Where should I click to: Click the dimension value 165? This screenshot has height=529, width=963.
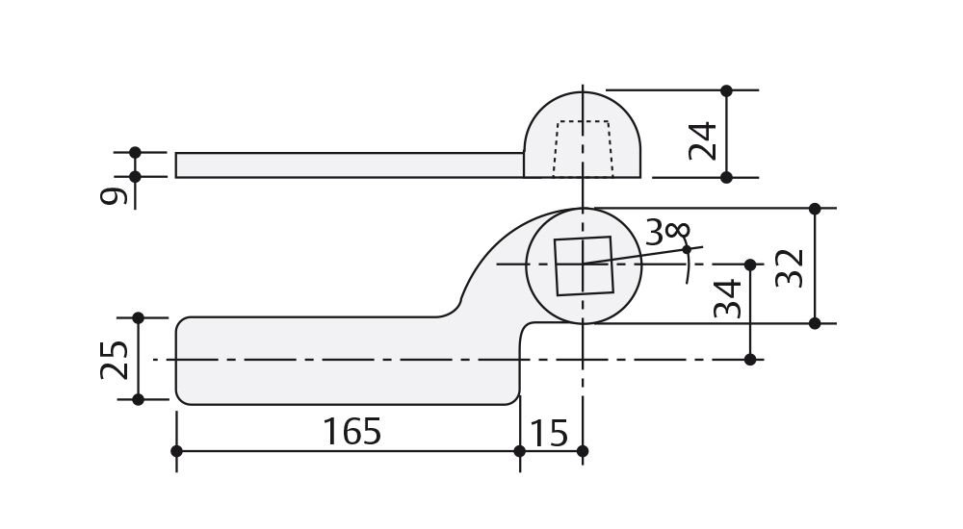tap(351, 432)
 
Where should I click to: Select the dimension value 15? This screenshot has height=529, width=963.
tap(550, 433)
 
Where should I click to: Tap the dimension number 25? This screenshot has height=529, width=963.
tap(115, 359)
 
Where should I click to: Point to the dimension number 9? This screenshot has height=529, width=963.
tap(114, 196)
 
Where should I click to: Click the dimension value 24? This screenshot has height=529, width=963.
tap(704, 140)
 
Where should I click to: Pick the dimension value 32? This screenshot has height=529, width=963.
tap(789, 268)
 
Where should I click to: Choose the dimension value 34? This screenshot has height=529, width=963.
tap(728, 298)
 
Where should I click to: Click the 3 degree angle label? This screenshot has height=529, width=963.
tap(667, 232)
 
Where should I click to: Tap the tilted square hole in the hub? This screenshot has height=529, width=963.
tap(584, 265)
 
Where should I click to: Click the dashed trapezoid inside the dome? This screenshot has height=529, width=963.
tap(583, 148)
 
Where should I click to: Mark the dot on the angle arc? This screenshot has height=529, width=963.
tap(687, 250)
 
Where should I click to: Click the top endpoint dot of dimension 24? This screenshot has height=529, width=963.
tap(727, 90)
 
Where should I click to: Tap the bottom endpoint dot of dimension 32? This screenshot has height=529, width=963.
tap(815, 323)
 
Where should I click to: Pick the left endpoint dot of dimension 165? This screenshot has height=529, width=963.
tap(176, 451)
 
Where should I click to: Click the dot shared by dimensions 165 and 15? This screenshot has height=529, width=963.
tap(520, 451)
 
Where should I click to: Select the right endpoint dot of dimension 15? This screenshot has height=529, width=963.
tap(583, 451)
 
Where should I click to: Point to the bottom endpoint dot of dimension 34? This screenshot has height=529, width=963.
tap(750, 360)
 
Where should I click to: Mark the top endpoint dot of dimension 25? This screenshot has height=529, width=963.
tap(138, 317)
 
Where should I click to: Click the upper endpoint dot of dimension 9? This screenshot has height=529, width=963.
tap(135, 152)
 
